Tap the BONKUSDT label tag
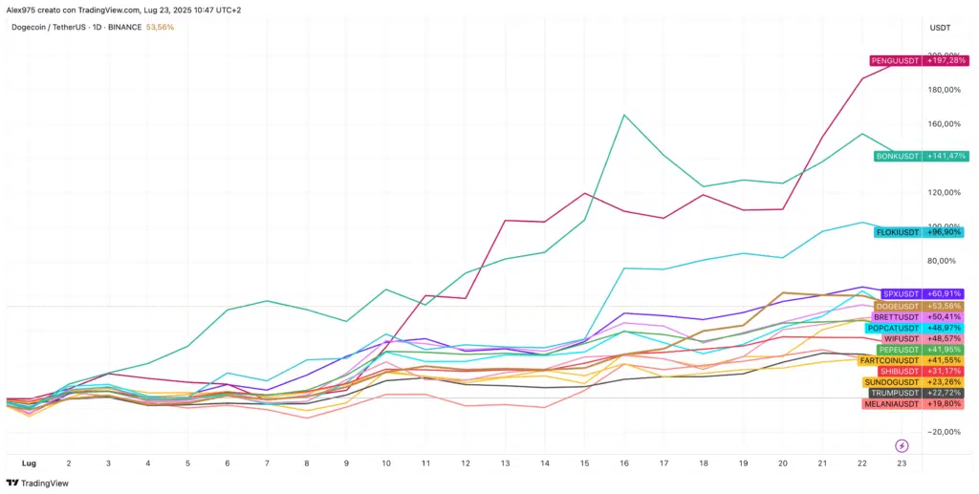898,156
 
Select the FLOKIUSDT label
898,232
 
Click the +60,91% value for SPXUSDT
944,293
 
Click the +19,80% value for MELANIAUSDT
944,403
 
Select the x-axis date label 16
623,462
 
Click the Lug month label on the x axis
29,462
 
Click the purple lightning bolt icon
901,445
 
